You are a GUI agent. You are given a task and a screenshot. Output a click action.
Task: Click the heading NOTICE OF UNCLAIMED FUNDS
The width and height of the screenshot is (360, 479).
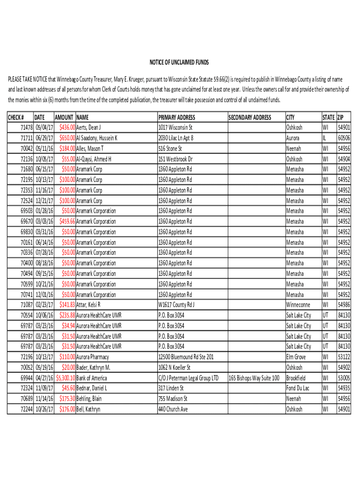[179, 63]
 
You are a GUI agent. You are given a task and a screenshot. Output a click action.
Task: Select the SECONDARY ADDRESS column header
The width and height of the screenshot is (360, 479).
[250, 117]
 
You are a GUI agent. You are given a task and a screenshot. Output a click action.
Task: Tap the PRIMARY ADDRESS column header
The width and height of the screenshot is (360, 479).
[177, 117]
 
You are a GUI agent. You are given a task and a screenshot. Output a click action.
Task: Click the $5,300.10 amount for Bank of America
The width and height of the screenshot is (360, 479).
[65, 378]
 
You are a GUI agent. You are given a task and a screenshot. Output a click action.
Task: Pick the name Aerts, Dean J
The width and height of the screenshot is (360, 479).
[89, 128]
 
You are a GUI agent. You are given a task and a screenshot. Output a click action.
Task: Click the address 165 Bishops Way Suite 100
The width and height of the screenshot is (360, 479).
[254, 378]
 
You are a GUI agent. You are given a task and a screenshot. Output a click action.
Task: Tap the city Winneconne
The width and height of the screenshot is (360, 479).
[298, 305]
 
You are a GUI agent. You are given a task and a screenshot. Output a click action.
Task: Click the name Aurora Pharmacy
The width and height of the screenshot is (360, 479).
[93, 357]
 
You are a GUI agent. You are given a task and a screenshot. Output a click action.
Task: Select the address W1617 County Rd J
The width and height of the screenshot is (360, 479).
[177, 305]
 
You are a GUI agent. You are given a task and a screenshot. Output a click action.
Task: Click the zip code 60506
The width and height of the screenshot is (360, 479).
[344, 138]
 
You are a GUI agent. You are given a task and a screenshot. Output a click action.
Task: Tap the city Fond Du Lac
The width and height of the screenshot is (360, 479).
[298, 388]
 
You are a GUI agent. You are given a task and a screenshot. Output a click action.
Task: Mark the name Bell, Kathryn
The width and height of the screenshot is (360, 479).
[88, 409]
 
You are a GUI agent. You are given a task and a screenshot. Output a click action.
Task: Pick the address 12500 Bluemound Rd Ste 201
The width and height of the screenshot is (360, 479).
[186, 357]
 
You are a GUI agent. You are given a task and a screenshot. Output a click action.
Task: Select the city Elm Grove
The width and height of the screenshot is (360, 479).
[296, 357]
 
